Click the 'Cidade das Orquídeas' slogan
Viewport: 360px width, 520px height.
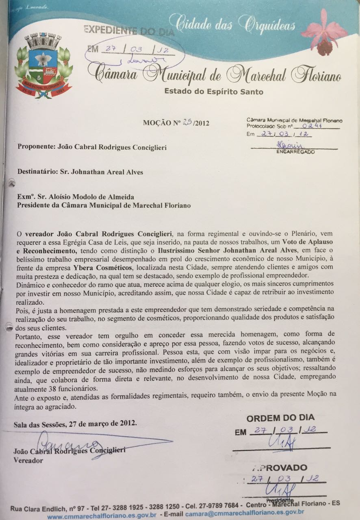[x=232, y=24]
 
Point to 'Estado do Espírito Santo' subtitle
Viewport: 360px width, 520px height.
[x=213, y=91]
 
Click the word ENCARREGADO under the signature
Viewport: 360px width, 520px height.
[x=295, y=152]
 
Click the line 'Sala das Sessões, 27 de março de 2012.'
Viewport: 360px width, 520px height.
[x=75, y=423]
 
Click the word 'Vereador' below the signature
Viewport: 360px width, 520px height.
[x=28, y=461]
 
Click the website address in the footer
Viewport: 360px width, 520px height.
[x=102, y=516]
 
